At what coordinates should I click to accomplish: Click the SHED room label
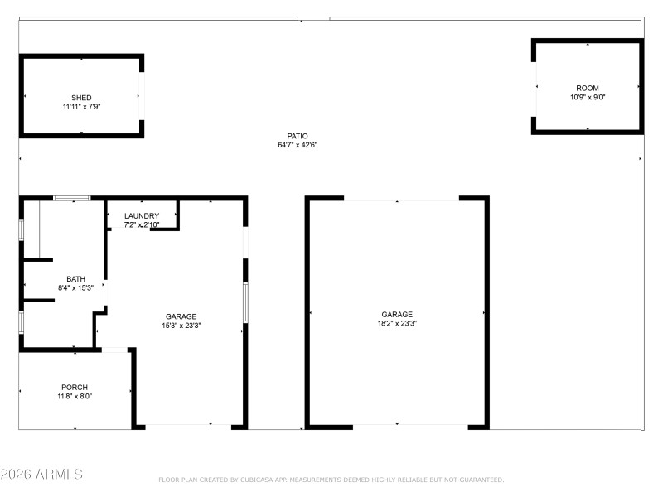pos(81,98)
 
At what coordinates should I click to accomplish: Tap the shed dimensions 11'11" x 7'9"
pos(81,107)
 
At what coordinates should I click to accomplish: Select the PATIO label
pos(298,136)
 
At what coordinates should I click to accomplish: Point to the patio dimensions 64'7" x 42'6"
pos(298,145)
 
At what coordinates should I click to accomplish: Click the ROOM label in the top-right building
pos(588,88)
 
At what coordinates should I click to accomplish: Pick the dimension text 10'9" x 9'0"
pos(588,98)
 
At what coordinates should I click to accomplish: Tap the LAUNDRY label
pos(142,216)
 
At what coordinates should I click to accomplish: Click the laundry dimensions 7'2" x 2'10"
pos(142,225)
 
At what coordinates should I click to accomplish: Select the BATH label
pos(75,279)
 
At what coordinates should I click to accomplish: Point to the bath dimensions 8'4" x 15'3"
pos(75,288)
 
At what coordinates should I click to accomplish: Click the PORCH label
pos(75,387)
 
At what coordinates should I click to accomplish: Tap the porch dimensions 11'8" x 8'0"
pos(75,397)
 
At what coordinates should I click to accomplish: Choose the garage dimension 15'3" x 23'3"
pos(181,326)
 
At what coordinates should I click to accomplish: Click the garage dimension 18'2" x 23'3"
pos(397,324)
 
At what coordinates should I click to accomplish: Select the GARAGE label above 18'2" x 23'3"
pos(397,314)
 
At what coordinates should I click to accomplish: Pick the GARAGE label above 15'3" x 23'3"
pos(181,316)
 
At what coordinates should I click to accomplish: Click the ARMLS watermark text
pos(41,475)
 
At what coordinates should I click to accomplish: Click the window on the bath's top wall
pos(72,198)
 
